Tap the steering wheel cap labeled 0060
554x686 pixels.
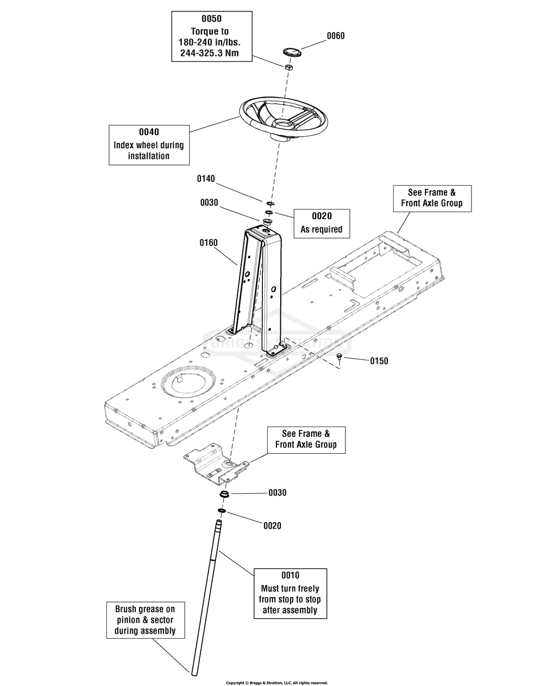click(291, 52)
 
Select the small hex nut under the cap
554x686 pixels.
click(288, 67)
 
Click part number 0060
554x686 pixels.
click(336, 36)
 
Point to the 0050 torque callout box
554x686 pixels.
click(212, 36)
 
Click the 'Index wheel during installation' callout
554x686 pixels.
click(149, 145)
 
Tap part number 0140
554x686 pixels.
click(206, 179)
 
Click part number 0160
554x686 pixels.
click(209, 243)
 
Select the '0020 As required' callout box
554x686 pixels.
click(322, 224)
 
